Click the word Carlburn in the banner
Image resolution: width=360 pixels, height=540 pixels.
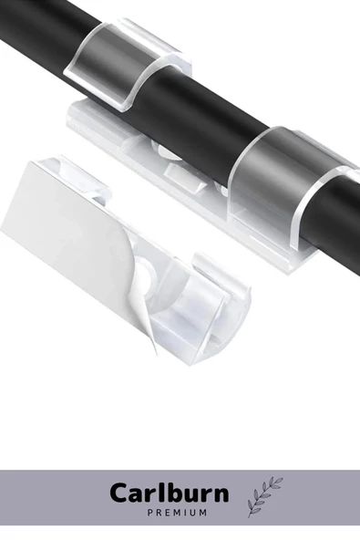point(170,493)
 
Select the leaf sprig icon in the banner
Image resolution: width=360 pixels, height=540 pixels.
point(265,497)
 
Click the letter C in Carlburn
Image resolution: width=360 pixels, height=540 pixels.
point(120,493)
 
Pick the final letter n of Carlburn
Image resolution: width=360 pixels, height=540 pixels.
point(221,496)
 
